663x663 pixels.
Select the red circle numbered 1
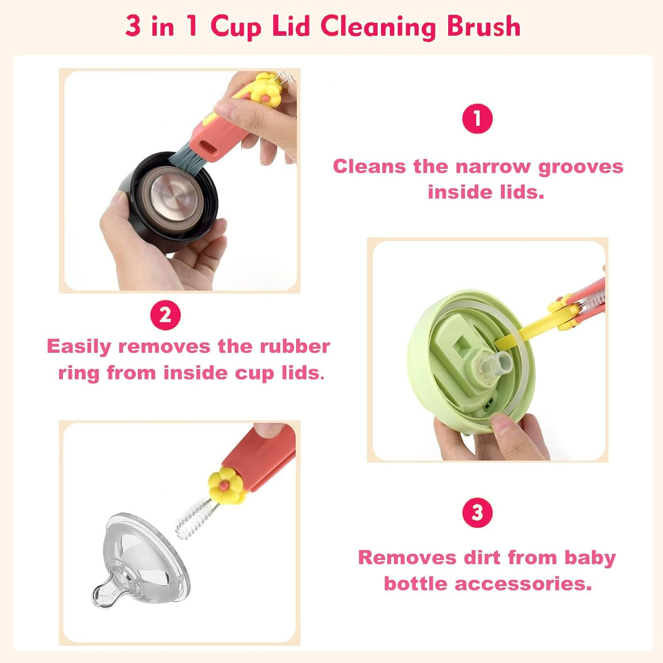(x=477, y=118)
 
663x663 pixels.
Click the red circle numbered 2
(x=165, y=315)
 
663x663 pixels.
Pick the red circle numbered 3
(x=477, y=513)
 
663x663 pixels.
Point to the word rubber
(x=294, y=346)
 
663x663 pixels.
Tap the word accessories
(x=523, y=583)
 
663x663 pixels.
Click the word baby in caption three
(x=590, y=558)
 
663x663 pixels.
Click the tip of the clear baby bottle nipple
(x=99, y=595)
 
